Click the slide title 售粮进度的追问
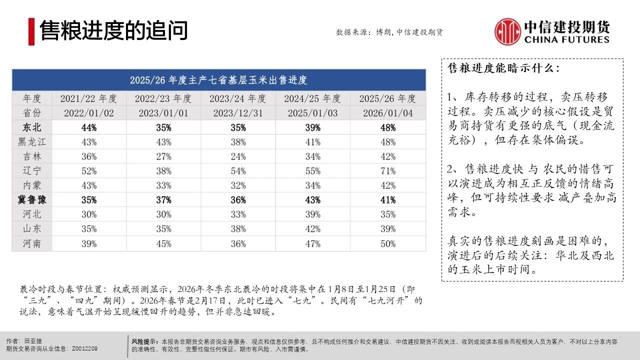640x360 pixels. [x=113, y=30]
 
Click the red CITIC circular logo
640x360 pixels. [x=507, y=31]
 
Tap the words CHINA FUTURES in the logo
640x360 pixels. [x=567, y=39]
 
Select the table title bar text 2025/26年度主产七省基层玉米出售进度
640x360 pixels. [x=218, y=80]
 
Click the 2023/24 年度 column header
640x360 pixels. [x=238, y=98]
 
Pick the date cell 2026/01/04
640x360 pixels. [x=387, y=113]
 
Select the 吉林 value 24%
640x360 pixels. [x=238, y=156]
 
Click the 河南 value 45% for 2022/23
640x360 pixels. [x=163, y=243]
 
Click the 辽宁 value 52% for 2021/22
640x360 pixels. [x=88, y=171]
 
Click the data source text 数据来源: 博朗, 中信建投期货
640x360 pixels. [x=389, y=32]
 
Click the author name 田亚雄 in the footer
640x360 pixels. [x=33, y=340]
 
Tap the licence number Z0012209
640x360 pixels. [x=85, y=348]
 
